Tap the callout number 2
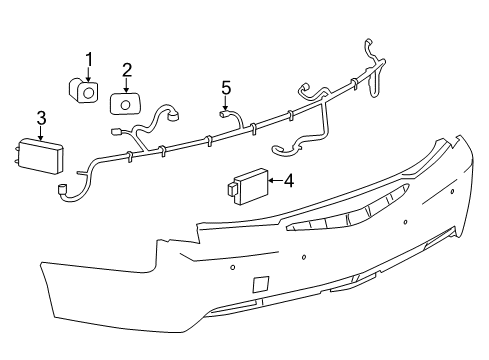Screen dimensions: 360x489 point(127,69)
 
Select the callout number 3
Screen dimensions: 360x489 point(41,119)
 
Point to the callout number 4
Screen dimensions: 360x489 point(288,181)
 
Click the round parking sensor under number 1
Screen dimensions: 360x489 point(86,93)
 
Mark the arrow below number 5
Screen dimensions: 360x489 point(226,102)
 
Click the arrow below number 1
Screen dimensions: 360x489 point(88,73)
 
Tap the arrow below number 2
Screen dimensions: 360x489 point(127,84)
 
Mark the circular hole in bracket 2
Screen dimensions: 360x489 point(127,103)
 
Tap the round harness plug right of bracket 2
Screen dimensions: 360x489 point(176,114)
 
